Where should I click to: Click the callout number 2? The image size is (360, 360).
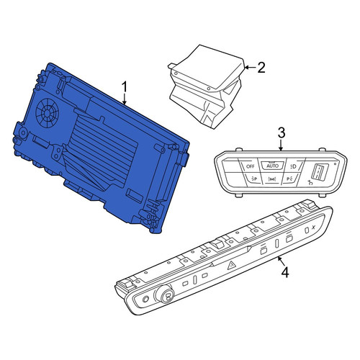point(261,67)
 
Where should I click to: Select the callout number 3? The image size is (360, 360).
point(282,132)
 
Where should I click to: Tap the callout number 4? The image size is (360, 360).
point(285,272)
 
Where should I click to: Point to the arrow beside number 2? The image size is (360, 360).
point(250,68)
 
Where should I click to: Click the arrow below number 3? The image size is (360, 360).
point(281,145)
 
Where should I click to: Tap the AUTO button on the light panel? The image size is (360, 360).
point(272,166)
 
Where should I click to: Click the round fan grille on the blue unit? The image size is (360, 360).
point(48,113)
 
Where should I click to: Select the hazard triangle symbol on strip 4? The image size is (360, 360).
point(231,266)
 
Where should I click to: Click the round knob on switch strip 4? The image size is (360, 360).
point(165,294)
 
